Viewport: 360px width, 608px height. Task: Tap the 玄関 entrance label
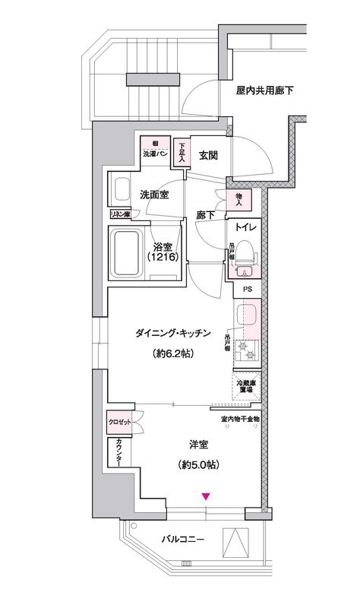[208, 155]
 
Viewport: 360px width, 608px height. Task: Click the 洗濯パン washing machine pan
[155, 149]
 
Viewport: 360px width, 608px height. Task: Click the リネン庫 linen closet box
[122, 214]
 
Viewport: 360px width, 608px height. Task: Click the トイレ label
[245, 227]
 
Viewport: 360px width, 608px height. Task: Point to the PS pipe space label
[246, 289]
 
